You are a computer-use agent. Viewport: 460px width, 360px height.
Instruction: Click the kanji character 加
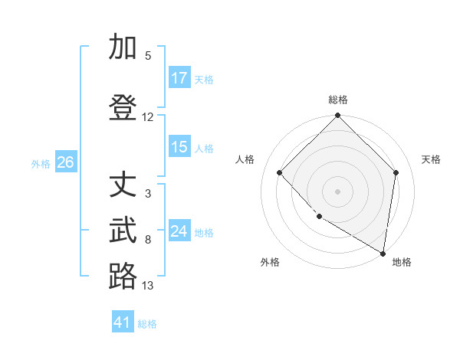(123, 47)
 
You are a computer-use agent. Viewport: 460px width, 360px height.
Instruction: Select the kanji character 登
(123, 108)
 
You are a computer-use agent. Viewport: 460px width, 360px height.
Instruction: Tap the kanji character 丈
(123, 185)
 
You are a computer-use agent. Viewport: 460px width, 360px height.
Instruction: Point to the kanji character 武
(123, 231)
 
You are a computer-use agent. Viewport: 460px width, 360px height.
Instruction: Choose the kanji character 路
(123, 277)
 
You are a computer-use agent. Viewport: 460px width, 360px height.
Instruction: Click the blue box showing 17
(179, 78)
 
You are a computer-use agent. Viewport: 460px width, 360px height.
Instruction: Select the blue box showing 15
(179, 147)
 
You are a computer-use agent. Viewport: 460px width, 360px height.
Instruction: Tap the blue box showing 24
(179, 231)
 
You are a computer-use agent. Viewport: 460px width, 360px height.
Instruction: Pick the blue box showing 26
(65, 162)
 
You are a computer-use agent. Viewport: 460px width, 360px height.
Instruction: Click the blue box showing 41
(123, 322)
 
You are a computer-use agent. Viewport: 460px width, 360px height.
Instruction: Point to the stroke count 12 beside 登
(148, 117)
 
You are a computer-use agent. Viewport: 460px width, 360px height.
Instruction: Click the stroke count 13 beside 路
(148, 286)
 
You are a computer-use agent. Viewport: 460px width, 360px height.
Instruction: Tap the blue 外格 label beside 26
(41, 163)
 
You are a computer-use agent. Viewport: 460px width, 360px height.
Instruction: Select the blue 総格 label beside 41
(147, 324)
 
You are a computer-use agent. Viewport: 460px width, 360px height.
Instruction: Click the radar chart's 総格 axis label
(338, 100)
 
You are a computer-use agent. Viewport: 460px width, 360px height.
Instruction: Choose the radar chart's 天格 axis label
(432, 159)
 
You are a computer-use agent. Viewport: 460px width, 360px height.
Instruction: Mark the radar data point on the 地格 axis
(383, 253)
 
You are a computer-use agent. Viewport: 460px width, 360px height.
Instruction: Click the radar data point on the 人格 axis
(280, 172)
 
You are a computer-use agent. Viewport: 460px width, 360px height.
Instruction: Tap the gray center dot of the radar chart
(338, 191)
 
